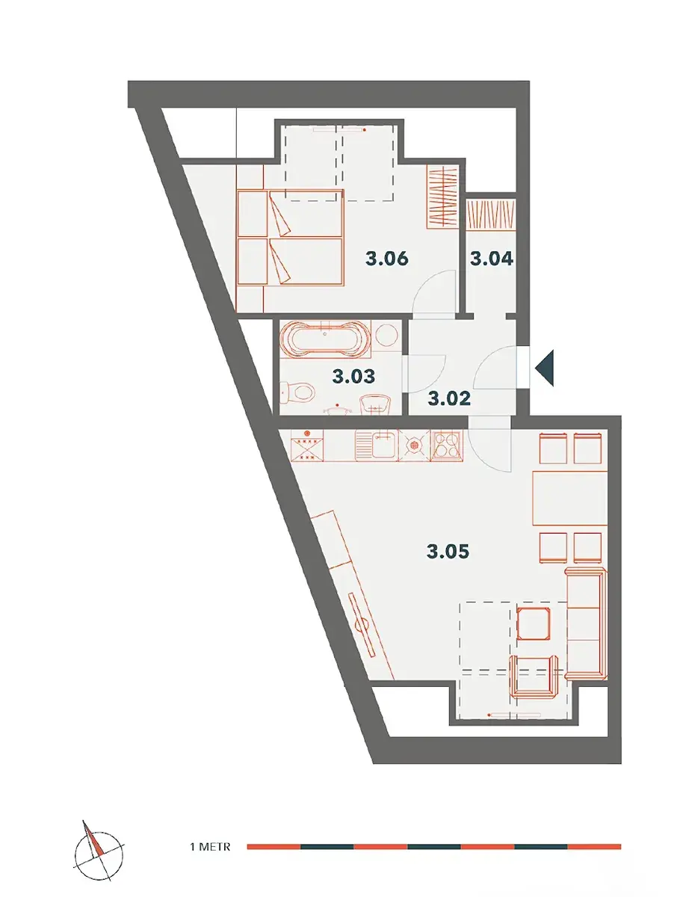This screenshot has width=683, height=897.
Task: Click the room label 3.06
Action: pos(386,259)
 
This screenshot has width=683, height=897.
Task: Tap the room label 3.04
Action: pos(492,259)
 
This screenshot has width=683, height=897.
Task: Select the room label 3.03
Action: pos(353,377)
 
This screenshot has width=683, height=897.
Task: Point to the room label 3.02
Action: pos(449,398)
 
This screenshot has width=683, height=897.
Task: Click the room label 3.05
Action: pos(448,551)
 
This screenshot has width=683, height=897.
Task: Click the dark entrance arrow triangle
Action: pos(545,368)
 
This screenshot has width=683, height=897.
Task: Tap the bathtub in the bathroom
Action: pos(325,338)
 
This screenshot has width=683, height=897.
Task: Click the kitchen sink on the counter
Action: pos(376,446)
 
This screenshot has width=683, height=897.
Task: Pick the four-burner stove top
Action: pos(447,446)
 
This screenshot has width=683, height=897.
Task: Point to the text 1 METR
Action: pos(210,846)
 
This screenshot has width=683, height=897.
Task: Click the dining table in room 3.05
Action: pos(570,498)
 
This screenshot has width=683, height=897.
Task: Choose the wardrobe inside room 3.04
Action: pos(492,214)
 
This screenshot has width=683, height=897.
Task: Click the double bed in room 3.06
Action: pos(291,237)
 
